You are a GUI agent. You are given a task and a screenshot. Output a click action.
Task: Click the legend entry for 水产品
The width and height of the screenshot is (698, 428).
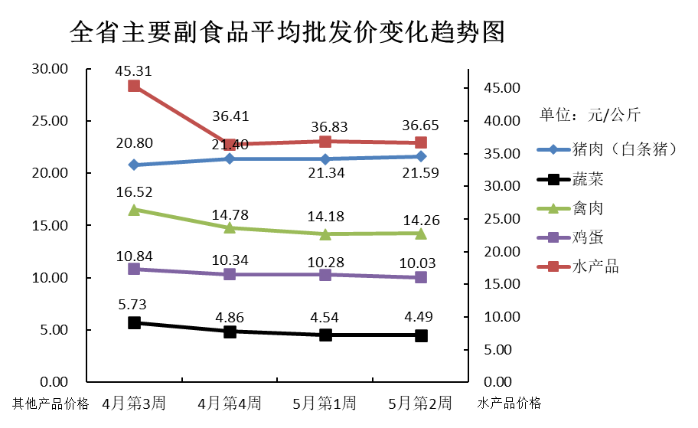[x=595, y=267]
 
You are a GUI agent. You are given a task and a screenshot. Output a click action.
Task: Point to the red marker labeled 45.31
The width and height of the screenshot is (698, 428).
[x=134, y=86]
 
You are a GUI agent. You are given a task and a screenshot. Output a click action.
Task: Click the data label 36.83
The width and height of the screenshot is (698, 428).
[x=325, y=125]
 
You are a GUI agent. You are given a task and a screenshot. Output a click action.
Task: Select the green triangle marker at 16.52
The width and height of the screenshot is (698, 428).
[x=134, y=209]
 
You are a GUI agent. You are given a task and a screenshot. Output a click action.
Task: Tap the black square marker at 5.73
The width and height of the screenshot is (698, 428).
[x=134, y=322]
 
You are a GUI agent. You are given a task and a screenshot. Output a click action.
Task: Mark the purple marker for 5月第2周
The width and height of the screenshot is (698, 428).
[x=421, y=277]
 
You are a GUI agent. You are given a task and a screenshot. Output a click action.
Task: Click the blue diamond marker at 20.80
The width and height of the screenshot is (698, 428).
[x=134, y=165]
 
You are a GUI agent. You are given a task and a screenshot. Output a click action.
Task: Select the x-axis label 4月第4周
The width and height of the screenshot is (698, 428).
[x=230, y=403]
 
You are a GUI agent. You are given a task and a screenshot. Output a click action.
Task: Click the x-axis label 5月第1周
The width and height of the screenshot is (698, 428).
[x=325, y=403]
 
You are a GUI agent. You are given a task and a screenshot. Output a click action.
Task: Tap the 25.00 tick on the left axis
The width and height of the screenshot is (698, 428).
[x=50, y=121]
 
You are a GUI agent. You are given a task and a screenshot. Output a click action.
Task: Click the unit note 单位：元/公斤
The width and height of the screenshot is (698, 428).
[x=590, y=116]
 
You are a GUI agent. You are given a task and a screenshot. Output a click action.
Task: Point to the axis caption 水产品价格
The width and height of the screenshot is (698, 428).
[x=509, y=403]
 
